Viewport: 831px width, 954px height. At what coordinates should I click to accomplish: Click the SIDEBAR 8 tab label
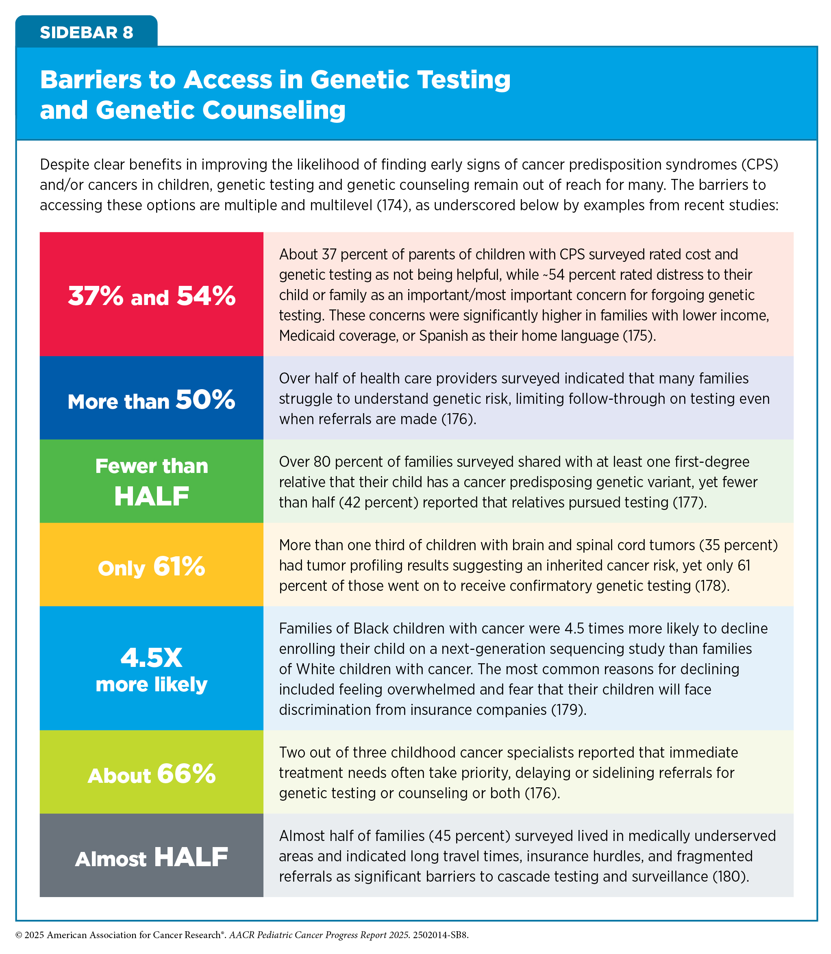pyautogui.click(x=86, y=33)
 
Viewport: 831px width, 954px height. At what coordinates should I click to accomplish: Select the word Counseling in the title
pyautogui.click(x=274, y=110)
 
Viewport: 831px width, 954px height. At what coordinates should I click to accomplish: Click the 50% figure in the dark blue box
pyautogui.click(x=205, y=399)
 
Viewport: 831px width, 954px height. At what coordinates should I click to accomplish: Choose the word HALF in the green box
pyautogui.click(x=152, y=496)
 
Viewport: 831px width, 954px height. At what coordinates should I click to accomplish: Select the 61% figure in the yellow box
pyautogui.click(x=179, y=566)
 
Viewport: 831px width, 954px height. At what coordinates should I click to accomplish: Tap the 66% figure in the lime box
pyautogui.click(x=187, y=774)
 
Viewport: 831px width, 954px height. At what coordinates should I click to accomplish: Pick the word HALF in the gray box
pyautogui.click(x=191, y=857)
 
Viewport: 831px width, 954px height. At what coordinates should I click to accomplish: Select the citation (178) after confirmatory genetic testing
pyautogui.click(x=712, y=586)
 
